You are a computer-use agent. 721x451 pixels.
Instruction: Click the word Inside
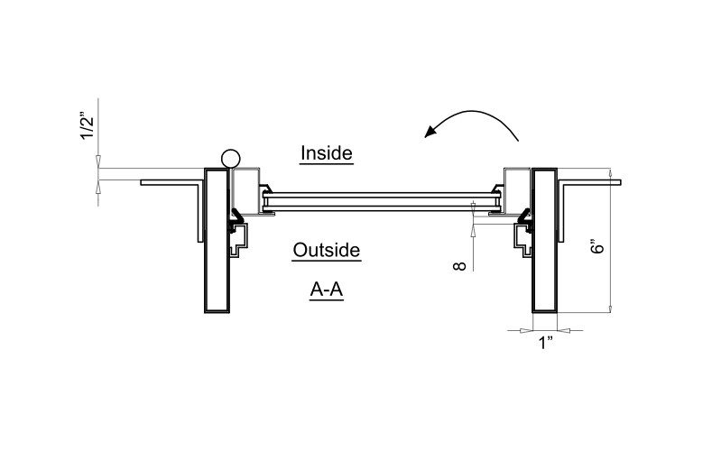(x=327, y=153)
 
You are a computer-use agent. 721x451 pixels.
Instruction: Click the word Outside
(x=327, y=250)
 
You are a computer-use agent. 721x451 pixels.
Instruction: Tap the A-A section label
(x=327, y=290)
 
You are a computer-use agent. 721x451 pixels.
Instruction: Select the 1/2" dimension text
(x=87, y=125)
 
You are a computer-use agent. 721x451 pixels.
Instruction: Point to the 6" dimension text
(x=596, y=246)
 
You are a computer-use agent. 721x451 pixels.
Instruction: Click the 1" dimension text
(x=545, y=343)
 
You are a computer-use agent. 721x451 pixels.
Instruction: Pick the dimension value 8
(x=460, y=266)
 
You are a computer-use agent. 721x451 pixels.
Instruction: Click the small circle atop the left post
(x=230, y=159)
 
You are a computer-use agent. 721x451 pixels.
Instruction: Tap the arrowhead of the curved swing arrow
(x=430, y=131)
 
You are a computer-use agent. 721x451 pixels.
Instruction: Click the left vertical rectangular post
(x=217, y=241)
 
